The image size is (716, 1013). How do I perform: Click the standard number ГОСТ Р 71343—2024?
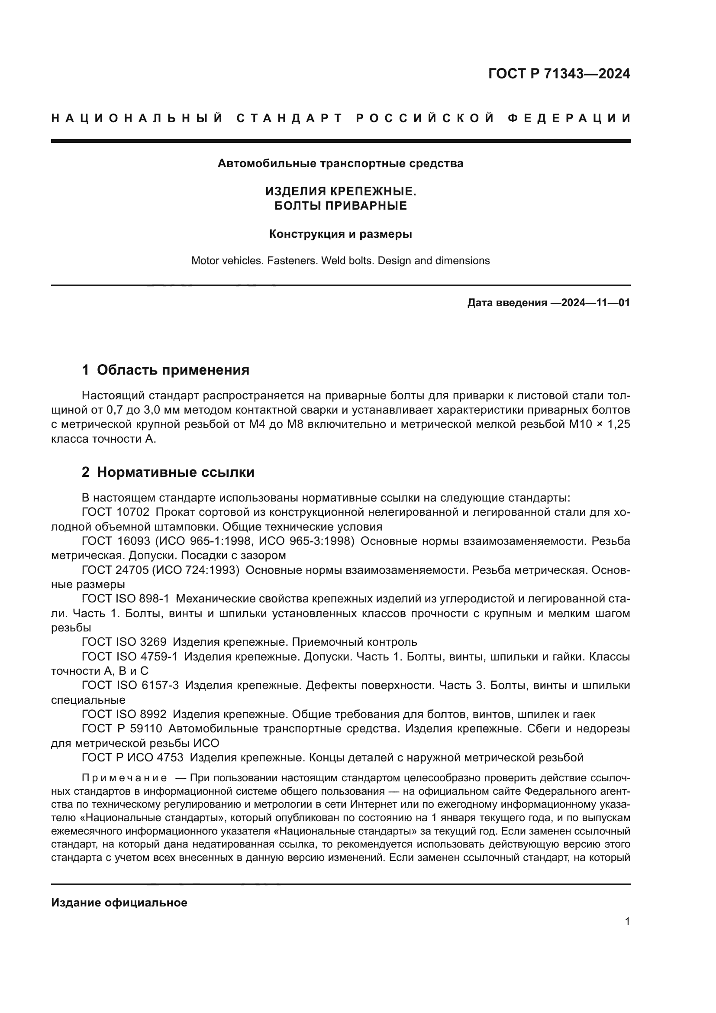click(x=559, y=74)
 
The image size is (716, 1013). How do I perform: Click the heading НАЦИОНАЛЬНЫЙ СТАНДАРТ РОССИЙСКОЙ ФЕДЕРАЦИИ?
click(x=340, y=118)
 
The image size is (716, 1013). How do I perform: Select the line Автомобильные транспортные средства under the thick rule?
click(x=340, y=164)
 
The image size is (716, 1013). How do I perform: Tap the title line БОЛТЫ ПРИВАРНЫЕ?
click(x=340, y=206)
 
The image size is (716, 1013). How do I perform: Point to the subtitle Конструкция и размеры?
click(x=340, y=234)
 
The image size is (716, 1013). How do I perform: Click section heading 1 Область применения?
click(x=165, y=370)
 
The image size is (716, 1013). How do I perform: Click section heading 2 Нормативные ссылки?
click(x=168, y=472)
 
